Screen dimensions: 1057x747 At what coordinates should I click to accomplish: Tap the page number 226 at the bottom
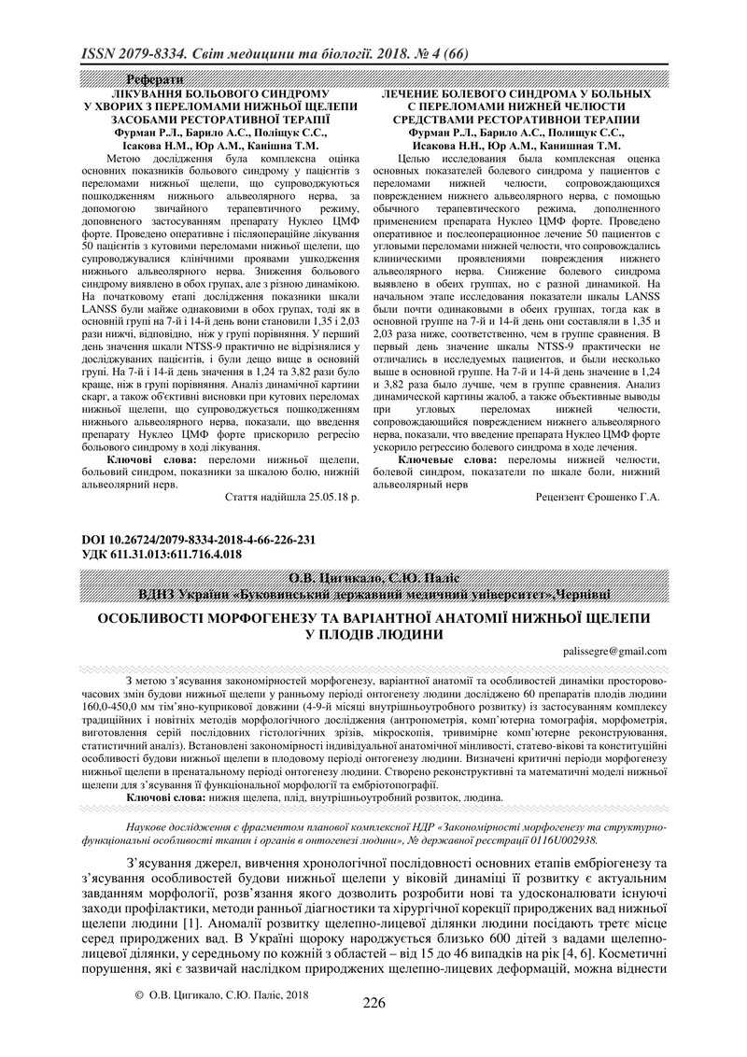click(373, 1029)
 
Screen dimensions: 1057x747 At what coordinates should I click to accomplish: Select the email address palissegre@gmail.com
click(615, 651)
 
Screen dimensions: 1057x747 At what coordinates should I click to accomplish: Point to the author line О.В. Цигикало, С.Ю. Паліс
click(373, 576)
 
